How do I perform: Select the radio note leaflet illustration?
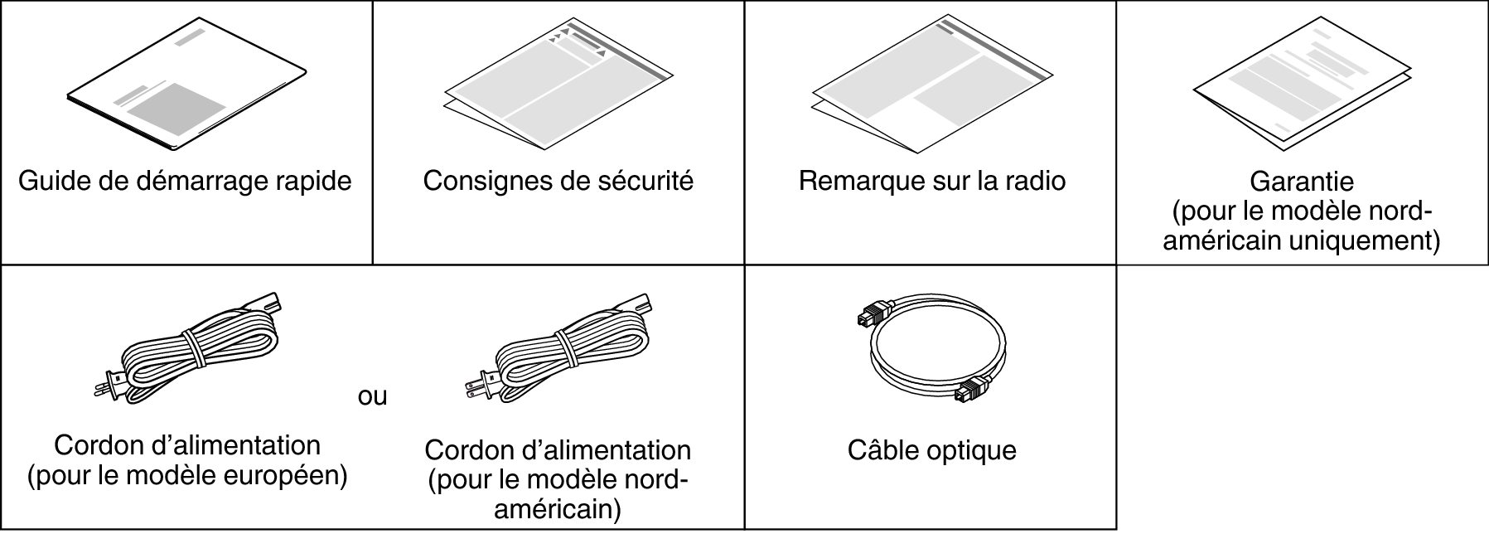click(930, 83)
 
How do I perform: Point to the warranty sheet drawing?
click(1302, 87)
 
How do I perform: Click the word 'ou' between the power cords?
click(372, 396)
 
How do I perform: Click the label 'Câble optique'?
click(931, 450)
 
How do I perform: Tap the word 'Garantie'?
click(1301, 180)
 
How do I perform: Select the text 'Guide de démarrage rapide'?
click(185, 180)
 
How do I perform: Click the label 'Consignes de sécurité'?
click(558, 180)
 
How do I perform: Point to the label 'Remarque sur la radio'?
click(931, 180)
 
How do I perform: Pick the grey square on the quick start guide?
click(176, 108)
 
